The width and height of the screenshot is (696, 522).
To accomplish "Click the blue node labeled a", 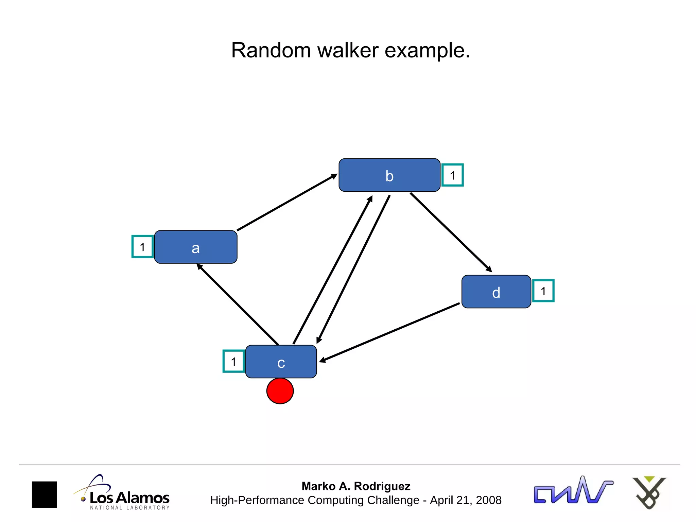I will pyautogui.click(x=196, y=247).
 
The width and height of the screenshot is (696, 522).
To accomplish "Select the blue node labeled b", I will pyautogui.click(x=389, y=175).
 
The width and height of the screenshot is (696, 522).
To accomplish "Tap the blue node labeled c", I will pyautogui.click(x=281, y=362).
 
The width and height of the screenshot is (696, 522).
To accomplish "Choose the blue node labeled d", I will pyautogui.click(x=496, y=292).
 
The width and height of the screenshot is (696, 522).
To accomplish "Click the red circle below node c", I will pyautogui.click(x=280, y=391).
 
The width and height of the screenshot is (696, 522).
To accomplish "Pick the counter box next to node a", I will pyautogui.click(x=142, y=247).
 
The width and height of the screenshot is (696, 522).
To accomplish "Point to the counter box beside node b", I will pyautogui.click(x=452, y=175).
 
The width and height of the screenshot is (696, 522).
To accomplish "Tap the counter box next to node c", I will pyautogui.click(x=233, y=361).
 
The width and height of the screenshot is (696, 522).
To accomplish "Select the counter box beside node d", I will pyautogui.click(x=543, y=291).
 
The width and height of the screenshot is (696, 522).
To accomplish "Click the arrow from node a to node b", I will pyautogui.click(x=287, y=203).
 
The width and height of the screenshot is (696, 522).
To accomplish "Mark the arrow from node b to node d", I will pyautogui.click(x=451, y=232).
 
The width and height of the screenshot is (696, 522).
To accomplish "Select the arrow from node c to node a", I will pyautogui.click(x=238, y=304).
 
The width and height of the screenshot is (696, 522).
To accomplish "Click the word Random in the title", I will pyautogui.click(x=271, y=50).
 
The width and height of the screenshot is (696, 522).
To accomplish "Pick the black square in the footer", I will pyautogui.click(x=45, y=494).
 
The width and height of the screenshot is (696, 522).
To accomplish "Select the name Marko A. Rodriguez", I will pyautogui.click(x=356, y=486).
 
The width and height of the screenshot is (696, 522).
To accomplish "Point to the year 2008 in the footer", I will pyautogui.click(x=488, y=500).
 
